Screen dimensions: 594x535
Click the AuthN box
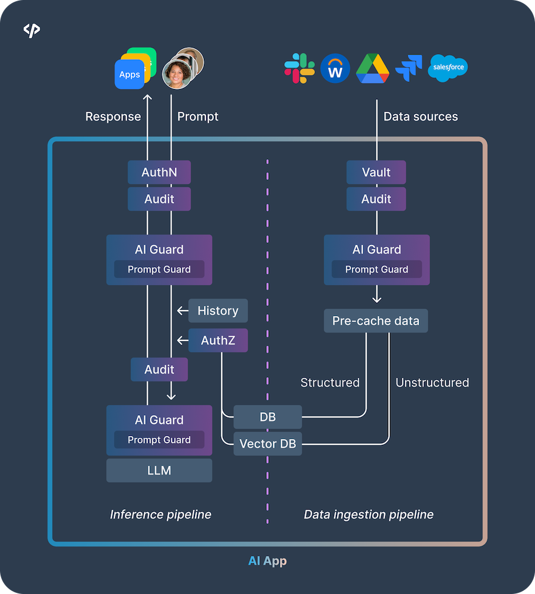159,172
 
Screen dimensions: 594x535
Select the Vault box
376,172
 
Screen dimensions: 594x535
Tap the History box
218,311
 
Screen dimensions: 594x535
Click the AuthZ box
218,340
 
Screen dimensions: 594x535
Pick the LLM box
159,470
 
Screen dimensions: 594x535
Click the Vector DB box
267,444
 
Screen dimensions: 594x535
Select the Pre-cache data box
376,321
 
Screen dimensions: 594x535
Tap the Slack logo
300,68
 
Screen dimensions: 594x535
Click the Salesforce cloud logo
448,67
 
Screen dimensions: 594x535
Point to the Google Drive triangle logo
373,68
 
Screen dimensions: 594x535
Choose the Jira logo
409,68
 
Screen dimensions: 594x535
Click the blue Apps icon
130,75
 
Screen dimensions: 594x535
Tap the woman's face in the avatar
177,74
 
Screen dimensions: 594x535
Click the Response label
113,116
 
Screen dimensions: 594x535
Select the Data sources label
421,116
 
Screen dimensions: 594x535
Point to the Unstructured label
432,383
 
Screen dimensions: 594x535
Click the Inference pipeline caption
160,514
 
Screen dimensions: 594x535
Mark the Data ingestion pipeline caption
369,514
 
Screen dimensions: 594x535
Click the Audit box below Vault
376,200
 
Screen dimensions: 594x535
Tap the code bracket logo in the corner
32,30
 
